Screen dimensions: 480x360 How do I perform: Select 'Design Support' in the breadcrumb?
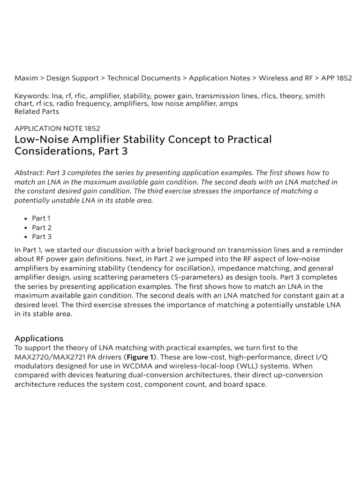(x=73, y=78)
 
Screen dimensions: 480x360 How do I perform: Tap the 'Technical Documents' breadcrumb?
(x=144, y=78)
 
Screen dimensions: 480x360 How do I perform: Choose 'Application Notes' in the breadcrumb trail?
(x=219, y=78)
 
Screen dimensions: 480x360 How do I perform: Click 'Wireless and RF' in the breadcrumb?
(x=285, y=78)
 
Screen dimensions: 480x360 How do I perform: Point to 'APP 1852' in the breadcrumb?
(x=337, y=78)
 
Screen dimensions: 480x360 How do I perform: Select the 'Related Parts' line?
(x=37, y=112)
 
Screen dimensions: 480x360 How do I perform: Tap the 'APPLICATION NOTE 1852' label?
(x=57, y=128)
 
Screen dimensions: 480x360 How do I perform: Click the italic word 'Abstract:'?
(x=30, y=173)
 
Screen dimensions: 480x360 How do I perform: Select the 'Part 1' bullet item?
(x=41, y=218)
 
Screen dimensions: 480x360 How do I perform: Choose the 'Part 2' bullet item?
(x=42, y=228)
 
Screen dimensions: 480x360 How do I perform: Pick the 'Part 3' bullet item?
(x=42, y=237)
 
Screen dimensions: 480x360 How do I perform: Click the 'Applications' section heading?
(x=39, y=338)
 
